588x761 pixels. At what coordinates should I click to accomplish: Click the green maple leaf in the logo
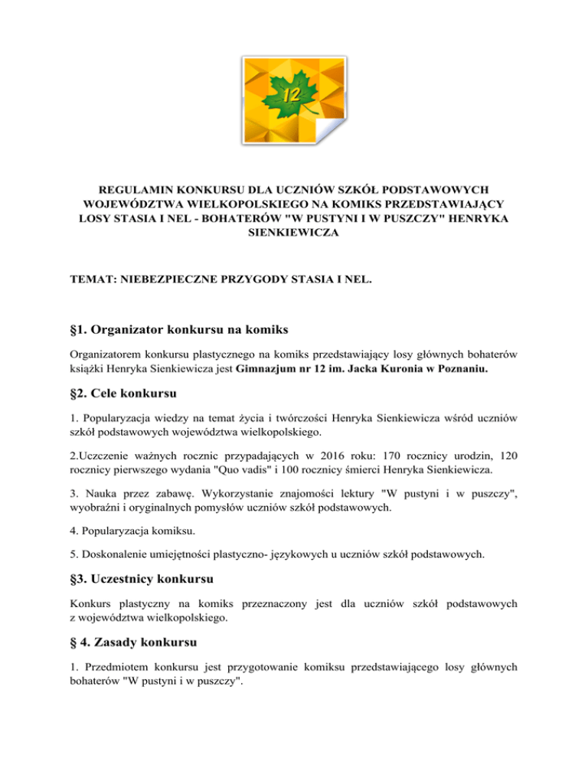click(x=290, y=96)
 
